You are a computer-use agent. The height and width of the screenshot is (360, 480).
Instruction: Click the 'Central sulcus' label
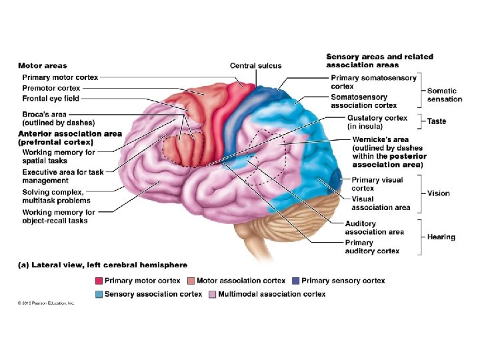point(255,65)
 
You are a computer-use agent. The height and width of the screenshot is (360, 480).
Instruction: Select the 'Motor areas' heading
point(42,65)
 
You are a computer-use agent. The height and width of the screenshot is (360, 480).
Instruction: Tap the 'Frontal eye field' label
point(51,99)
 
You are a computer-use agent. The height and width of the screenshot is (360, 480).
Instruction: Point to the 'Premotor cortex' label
point(51,88)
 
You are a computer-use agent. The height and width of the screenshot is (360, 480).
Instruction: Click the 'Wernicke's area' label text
point(377,139)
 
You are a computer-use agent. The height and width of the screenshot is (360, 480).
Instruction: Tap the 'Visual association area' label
point(381,203)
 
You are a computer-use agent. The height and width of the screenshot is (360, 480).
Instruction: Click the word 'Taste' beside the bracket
point(437,121)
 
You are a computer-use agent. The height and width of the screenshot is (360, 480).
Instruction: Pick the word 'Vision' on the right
point(439,193)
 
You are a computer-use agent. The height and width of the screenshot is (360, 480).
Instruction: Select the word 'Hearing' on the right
point(441,237)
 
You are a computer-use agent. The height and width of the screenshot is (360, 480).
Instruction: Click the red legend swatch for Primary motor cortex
point(98,281)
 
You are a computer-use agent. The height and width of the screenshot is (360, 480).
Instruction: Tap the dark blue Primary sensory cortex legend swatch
point(295,281)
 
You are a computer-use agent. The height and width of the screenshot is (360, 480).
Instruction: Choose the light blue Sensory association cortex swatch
point(98,293)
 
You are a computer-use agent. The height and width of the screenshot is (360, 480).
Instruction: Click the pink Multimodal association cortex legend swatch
point(211,293)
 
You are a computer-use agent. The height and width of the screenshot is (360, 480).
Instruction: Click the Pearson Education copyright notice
point(46,303)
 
